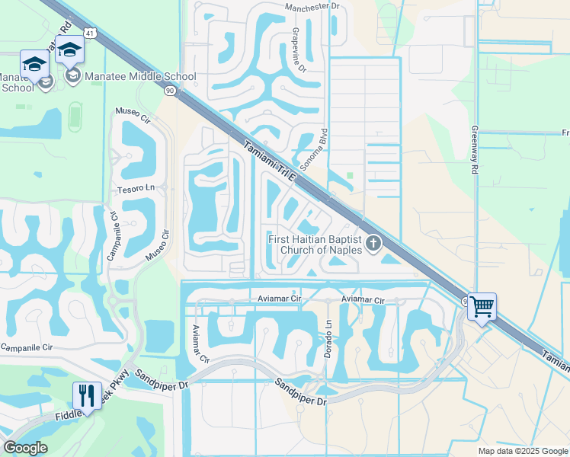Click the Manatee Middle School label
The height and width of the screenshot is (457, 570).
(x=140, y=76)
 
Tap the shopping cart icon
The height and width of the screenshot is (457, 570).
(x=482, y=307)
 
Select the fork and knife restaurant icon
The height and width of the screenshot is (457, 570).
(x=86, y=395)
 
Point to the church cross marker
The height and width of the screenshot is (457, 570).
(x=373, y=244)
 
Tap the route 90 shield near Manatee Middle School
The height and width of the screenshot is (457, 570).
(x=170, y=91)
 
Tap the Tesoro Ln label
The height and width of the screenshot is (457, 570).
(x=136, y=187)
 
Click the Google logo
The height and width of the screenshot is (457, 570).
(x=25, y=448)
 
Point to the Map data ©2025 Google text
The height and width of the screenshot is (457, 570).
(x=522, y=451)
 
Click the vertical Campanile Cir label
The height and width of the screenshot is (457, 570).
(x=110, y=235)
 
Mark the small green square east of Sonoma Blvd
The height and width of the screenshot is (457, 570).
(x=350, y=176)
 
